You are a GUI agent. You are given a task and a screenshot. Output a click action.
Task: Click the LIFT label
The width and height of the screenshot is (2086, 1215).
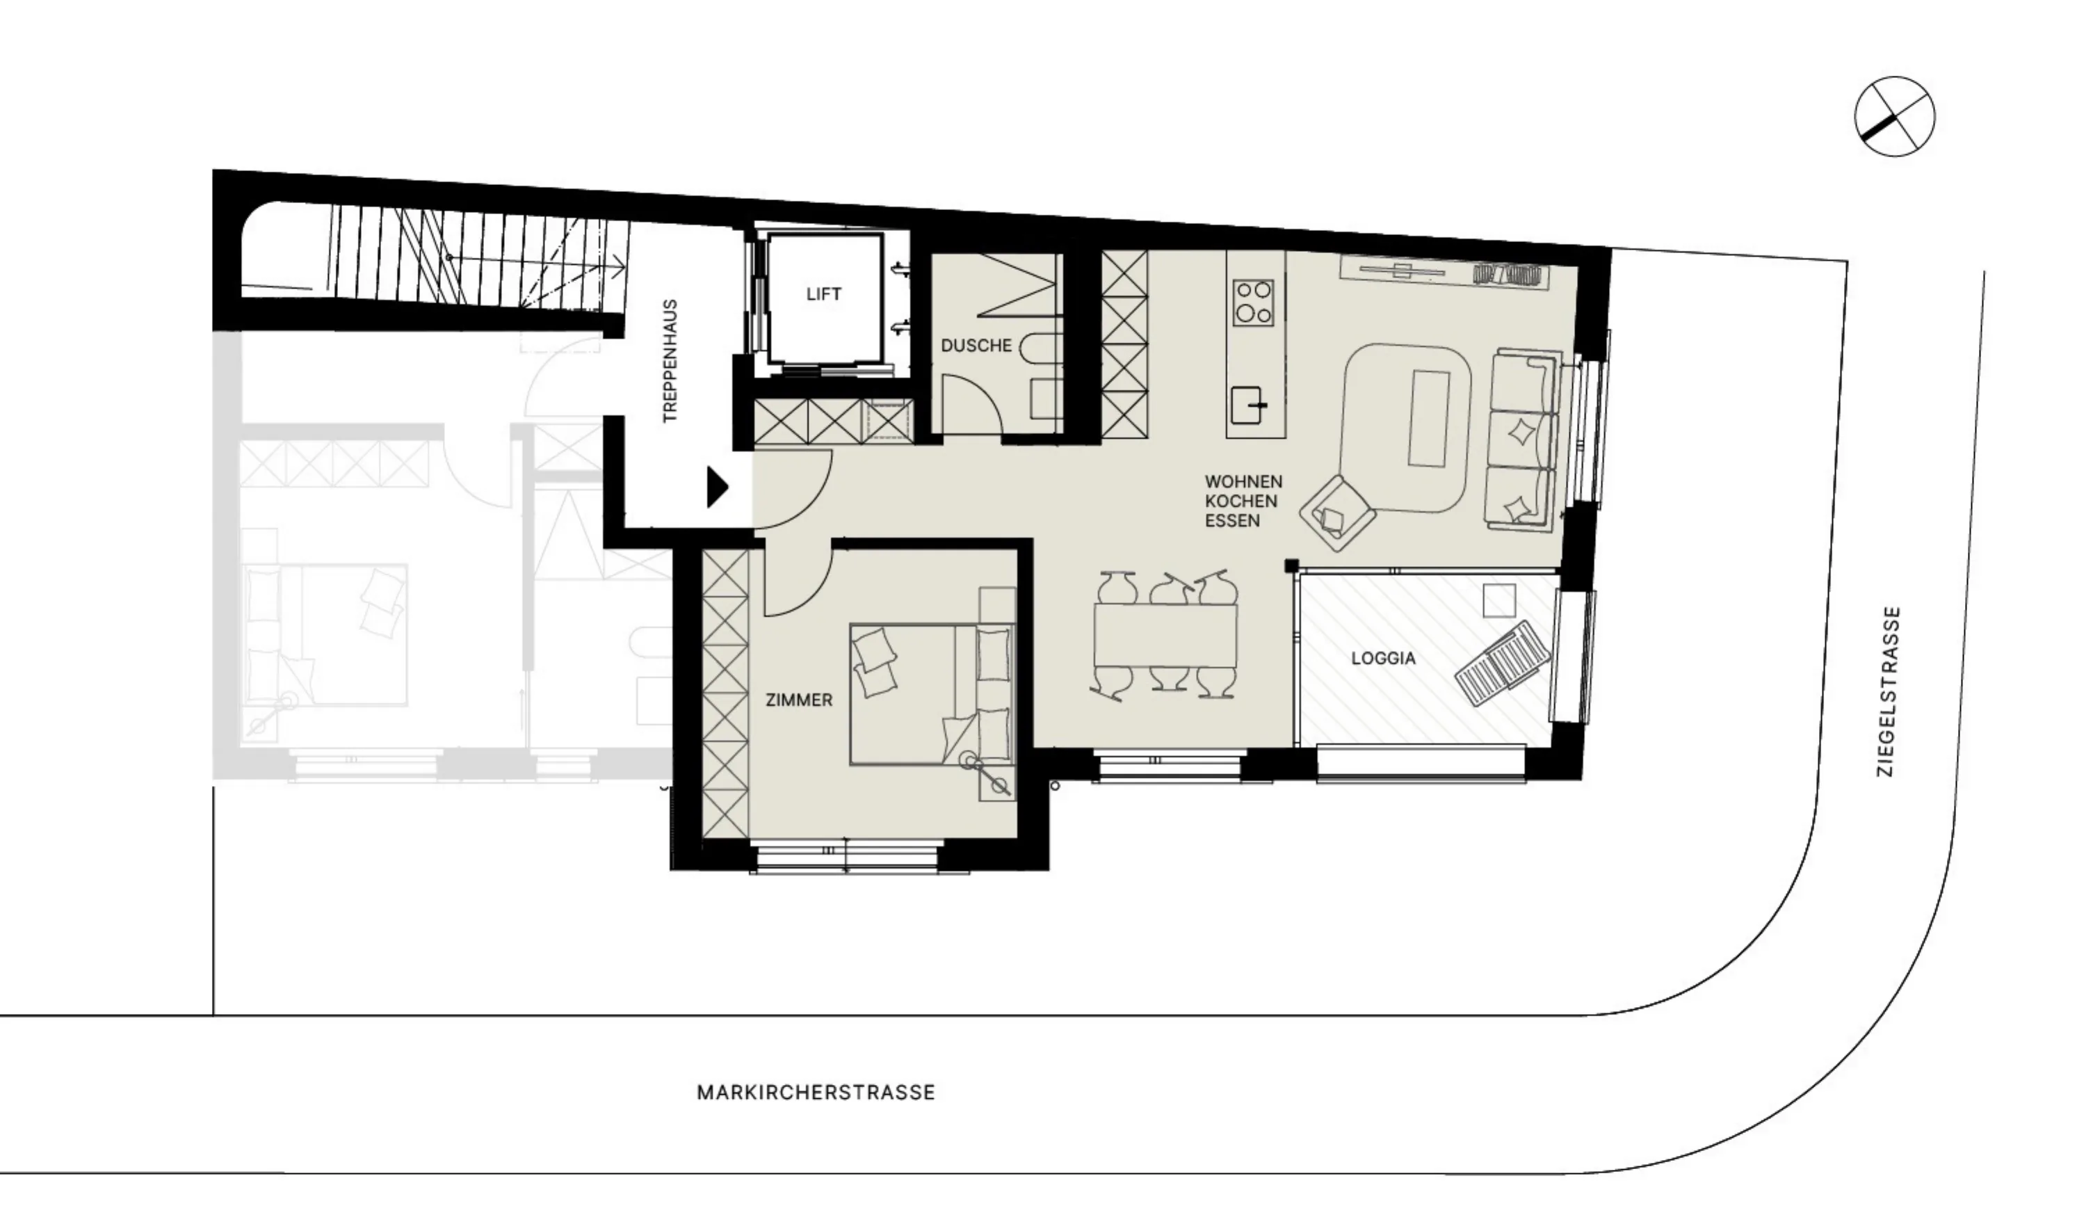(824, 294)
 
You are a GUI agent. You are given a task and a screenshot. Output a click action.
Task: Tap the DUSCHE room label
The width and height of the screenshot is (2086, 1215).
(976, 346)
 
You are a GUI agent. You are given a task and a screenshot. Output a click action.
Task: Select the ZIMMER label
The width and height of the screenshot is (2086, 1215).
(799, 700)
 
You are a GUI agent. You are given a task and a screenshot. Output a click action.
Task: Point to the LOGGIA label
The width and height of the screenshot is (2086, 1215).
(1383, 659)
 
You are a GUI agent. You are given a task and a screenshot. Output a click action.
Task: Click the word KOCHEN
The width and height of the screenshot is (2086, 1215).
(1241, 501)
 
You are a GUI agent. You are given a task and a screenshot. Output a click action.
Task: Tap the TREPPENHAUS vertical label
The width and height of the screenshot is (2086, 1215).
(670, 361)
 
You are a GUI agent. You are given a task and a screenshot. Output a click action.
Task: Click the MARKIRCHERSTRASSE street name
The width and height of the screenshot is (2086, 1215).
(816, 1093)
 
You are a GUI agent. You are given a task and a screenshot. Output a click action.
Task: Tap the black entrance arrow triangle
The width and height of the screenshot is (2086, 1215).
(717, 487)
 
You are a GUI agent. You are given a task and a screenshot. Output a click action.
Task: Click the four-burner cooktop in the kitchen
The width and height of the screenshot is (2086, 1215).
(1252, 303)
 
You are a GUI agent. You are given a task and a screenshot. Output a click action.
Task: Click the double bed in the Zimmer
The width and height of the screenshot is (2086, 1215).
(932, 693)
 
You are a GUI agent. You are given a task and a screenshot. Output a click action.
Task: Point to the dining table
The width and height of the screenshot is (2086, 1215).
(1165, 635)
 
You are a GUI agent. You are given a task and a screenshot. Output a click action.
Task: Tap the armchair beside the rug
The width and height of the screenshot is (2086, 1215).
(1337, 513)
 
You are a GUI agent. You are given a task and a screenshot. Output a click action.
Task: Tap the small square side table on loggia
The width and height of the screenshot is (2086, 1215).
(1499, 600)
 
